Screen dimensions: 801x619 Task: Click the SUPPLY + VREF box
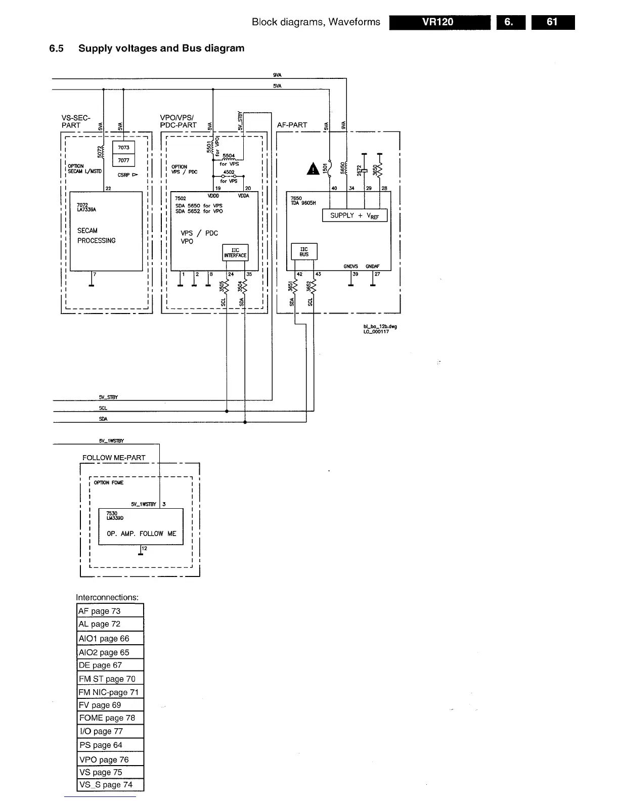(x=355, y=215)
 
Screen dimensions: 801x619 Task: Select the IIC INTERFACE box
(x=235, y=253)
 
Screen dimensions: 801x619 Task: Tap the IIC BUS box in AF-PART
(x=304, y=252)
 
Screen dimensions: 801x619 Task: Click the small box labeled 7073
(x=124, y=148)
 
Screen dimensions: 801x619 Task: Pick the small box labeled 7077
(x=124, y=160)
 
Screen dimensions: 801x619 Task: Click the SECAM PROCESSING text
(x=96, y=236)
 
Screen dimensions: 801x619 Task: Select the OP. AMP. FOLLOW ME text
(x=142, y=533)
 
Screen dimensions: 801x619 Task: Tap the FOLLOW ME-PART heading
(x=114, y=458)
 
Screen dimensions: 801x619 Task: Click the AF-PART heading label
(x=292, y=125)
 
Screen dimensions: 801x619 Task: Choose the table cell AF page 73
(x=110, y=611)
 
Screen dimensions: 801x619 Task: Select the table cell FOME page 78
(x=110, y=718)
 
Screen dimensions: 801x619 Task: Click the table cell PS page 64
(x=110, y=745)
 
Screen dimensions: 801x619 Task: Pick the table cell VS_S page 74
(x=110, y=785)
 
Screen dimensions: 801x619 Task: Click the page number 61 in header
(x=552, y=22)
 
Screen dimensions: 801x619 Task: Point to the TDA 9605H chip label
(x=303, y=203)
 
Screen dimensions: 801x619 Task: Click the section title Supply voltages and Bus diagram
(x=161, y=49)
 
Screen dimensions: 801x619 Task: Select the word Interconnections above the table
(x=107, y=597)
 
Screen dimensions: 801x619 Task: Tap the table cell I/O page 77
(x=110, y=731)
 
